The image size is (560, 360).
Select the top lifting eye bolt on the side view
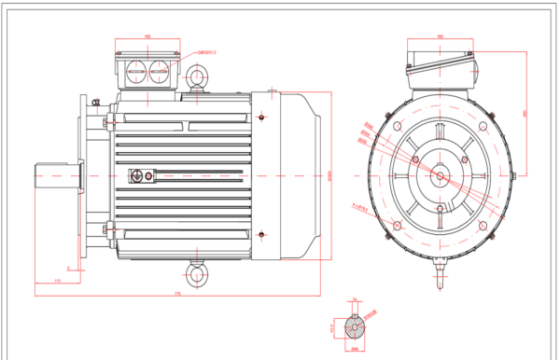[x=198, y=77]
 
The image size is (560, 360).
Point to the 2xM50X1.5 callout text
[x=206, y=53]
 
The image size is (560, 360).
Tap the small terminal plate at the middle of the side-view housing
[x=142, y=174]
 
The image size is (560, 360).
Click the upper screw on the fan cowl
[x=264, y=117]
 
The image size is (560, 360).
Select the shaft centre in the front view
[x=440, y=174]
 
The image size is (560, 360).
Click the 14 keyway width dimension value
[x=355, y=302]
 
